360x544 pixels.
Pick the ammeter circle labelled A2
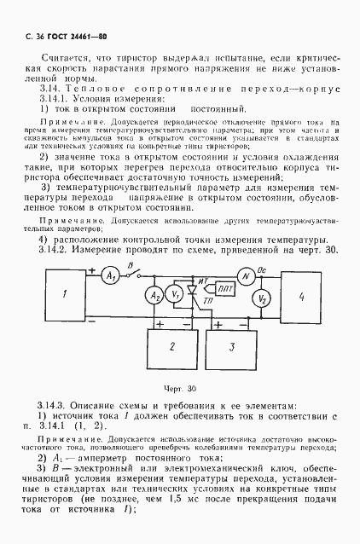(155, 295)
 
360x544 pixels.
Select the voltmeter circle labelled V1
(174, 295)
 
